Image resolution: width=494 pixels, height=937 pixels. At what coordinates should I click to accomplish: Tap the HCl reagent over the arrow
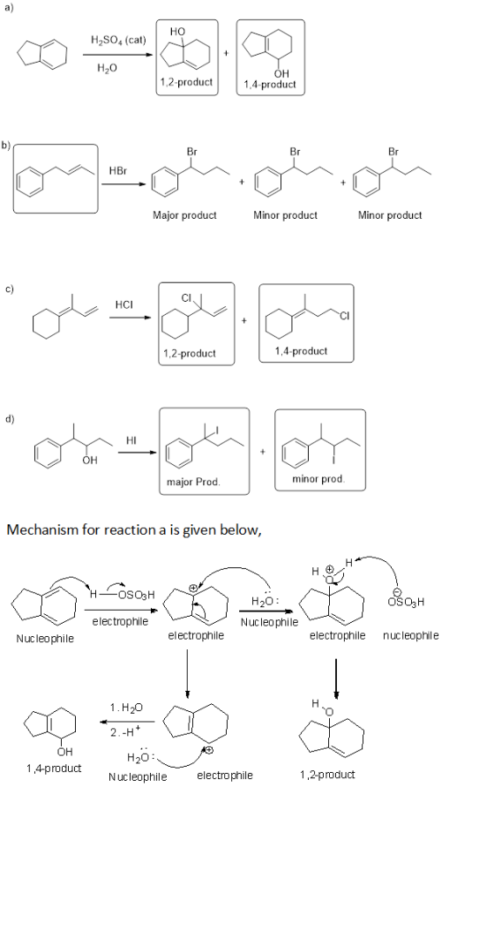123,304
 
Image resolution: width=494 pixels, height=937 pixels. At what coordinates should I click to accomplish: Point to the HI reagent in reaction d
132,440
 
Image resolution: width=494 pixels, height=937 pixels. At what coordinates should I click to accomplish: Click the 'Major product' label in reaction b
184,214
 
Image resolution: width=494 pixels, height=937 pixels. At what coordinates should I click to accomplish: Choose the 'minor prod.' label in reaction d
318,479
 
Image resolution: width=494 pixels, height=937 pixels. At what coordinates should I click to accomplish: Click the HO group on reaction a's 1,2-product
177,31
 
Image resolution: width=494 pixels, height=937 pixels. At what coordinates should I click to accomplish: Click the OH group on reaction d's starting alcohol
90,461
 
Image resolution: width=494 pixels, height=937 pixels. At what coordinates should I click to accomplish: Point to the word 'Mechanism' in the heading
44,529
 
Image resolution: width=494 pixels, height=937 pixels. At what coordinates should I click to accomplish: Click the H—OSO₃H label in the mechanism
122,594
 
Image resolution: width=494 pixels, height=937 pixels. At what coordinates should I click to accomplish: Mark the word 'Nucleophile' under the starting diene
45,639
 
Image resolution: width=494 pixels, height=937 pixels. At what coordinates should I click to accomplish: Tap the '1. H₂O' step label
127,708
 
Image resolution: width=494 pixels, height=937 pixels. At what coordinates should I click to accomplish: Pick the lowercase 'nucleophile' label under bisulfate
410,636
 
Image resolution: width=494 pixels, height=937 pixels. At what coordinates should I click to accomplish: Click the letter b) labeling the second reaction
6,145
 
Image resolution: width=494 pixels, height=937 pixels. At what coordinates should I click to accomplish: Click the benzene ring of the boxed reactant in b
31,182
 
